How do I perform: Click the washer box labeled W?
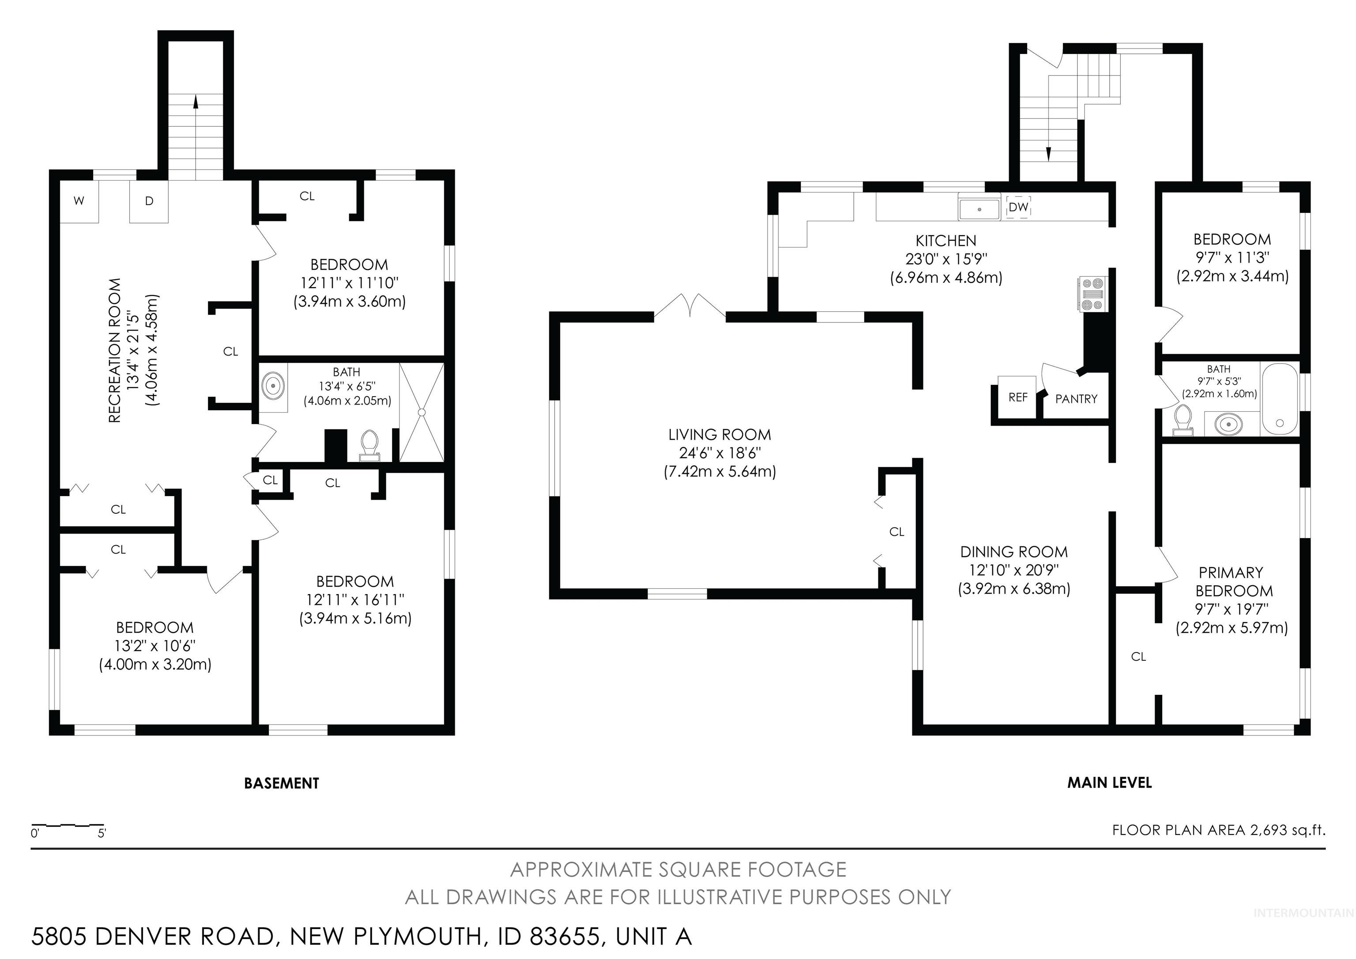tap(79, 201)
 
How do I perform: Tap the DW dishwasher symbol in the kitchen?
tap(1018, 208)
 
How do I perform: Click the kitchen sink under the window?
tap(979, 209)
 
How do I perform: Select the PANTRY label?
tap(1076, 399)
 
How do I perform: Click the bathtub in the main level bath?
tap(1279, 399)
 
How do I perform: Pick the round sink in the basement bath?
tap(273, 387)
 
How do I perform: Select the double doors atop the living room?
tap(690, 306)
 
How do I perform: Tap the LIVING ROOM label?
tap(719, 435)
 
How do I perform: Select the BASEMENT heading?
tap(281, 784)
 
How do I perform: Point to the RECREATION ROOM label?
tap(115, 350)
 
